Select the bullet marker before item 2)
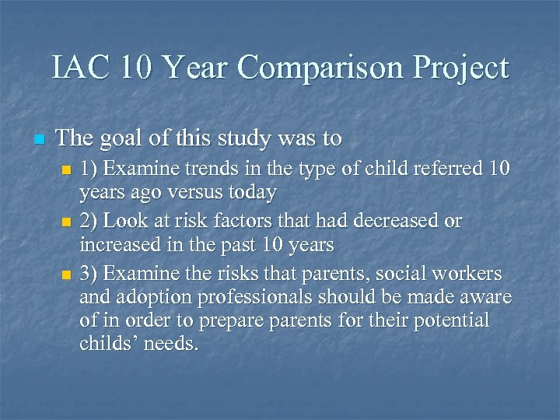[65, 223]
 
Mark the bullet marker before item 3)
[65, 275]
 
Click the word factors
[240, 221]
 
